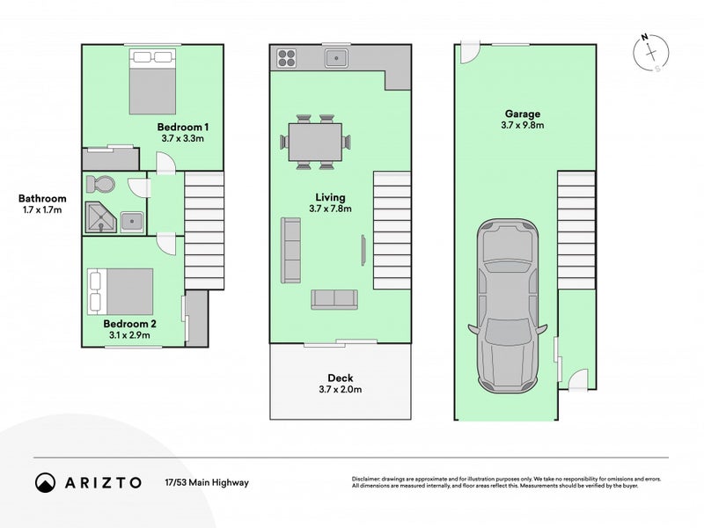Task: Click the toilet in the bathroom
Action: pyautogui.click(x=100, y=184)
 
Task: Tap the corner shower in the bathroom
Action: pyautogui.click(x=101, y=217)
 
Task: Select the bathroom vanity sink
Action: pyautogui.click(x=132, y=222)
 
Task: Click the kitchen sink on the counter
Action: pyautogui.click(x=336, y=58)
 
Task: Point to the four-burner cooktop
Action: pyautogui.click(x=287, y=58)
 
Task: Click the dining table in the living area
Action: pyautogui.click(x=315, y=142)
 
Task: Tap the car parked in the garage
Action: pyautogui.click(x=508, y=306)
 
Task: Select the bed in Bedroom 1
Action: pyautogui.click(x=152, y=82)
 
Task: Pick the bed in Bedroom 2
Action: pyautogui.click(x=120, y=291)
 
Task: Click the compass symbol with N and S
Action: pyautogui.click(x=651, y=53)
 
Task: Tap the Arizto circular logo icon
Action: pyautogui.click(x=46, y=482)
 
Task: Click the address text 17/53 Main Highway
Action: pyautogui.click(x=207, y=482)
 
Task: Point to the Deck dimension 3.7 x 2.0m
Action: pyautogui.click(x=341, y=389)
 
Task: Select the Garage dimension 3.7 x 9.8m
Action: pyautogui.click(x=522, y=125)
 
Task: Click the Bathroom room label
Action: pyautogui.click(x=42, y=199)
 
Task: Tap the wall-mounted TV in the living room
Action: pyautogui.click(x=363, y=250)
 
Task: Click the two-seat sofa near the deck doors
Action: pyautogui.click(x=334, y=299)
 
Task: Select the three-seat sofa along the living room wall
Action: pyautogui.click(x=291, y=250)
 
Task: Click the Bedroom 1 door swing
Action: pyautogui.click(x=165, y=163)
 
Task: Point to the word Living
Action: pyautogui.click(x=330, y=197)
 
